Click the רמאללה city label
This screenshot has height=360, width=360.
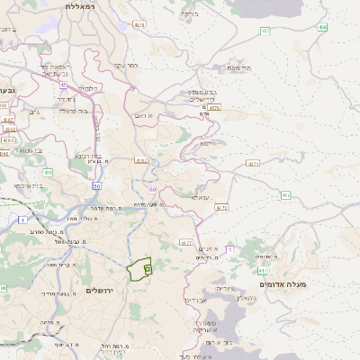click(x=86, y=5)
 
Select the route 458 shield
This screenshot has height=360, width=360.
click(x=322, y=27)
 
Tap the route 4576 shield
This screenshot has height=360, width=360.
click(x=213, y=108)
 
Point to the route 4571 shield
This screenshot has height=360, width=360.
click(x=253, y=164)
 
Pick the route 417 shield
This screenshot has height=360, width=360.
click(x=262, y=269)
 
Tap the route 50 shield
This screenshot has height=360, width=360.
click(x=95, y=184)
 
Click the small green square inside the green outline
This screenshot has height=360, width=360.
click(x=148, y=268)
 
